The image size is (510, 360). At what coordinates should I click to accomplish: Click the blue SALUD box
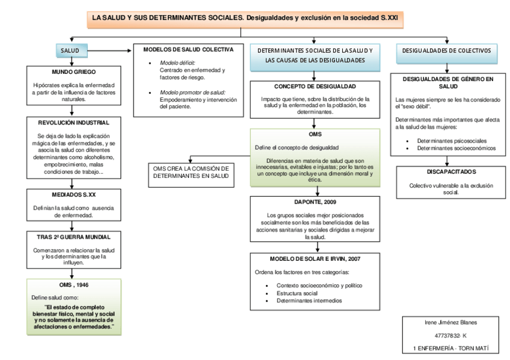(x=72, y=50)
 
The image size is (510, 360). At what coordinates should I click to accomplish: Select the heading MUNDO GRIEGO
(x=72, y=72)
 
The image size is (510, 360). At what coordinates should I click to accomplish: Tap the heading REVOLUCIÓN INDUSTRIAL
(x=72, y=123)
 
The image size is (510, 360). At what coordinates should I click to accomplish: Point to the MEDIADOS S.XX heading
(x=72, y=195)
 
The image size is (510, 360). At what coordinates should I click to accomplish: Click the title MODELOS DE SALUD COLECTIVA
(x=188, y=49)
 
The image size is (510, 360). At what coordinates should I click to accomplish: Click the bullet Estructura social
(x=297, y=293)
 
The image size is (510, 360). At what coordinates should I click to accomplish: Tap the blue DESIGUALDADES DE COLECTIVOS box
(x=446, y=51)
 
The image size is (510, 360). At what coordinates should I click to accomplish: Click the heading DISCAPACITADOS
(x=446, y=172)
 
